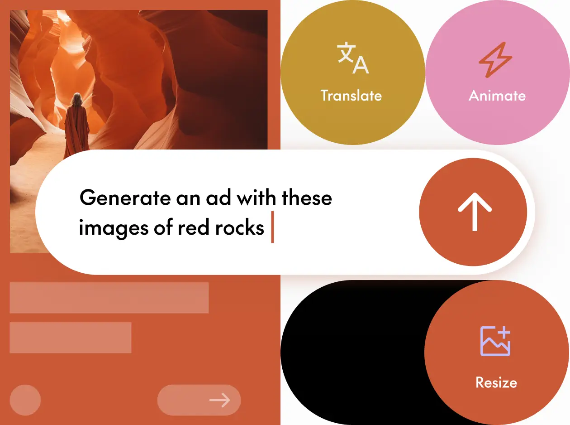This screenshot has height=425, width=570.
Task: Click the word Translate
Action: [x=351, y=96]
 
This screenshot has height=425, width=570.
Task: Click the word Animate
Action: [x=497, y=96]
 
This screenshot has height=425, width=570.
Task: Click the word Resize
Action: [x=496, y=382]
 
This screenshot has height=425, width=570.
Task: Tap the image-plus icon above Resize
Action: [x=495, y=341]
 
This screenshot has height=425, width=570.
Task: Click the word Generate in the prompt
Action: [x=121, y=198]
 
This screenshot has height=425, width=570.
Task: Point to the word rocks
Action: [x=240, y=227]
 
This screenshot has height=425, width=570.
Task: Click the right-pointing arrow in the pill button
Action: [x=219, y=400]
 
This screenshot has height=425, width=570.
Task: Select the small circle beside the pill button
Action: [x=25, y=400]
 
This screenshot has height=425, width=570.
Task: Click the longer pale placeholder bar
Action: [x=109, y=298]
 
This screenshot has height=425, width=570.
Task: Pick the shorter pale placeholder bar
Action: [x=71, y=338]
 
